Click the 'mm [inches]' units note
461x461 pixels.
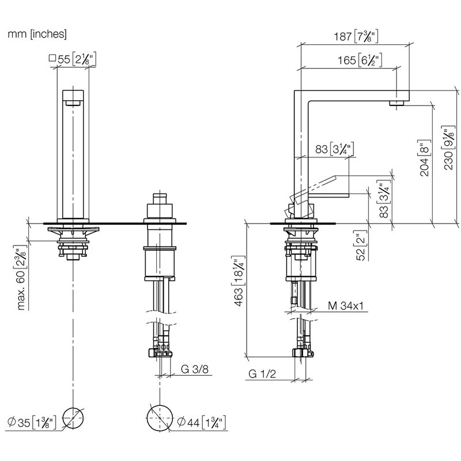[37, 34]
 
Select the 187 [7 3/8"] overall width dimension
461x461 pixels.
[356, 36]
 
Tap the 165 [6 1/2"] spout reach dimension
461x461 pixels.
[360, 61]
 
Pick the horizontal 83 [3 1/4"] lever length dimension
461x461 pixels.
[334, 149]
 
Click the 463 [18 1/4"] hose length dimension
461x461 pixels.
[239, 281]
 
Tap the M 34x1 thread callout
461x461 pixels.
[346, 306]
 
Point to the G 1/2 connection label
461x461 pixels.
[262, 374]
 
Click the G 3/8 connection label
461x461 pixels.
[195, 369]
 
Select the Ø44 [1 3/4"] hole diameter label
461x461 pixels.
[202, 422]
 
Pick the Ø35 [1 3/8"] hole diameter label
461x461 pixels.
[32, 422]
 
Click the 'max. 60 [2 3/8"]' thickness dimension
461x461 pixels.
[21, 277]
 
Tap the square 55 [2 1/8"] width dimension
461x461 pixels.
[73, 59]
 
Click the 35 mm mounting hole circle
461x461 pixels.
[73, 418]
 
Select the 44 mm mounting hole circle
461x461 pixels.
[160, 418]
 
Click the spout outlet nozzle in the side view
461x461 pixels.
[397, 103]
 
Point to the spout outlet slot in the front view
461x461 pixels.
[73, 103]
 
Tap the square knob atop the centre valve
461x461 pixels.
[160, 198]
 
